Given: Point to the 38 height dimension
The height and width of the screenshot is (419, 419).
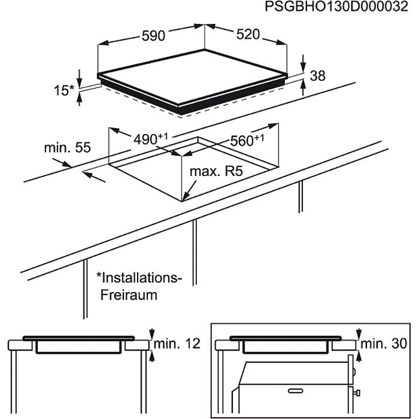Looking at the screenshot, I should [318, 75].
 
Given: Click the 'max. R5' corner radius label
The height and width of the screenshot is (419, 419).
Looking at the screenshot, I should [215, 172].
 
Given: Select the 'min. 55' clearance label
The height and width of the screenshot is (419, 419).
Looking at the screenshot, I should [66, 147].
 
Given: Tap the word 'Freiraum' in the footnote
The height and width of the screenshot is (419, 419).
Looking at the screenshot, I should [129, 296].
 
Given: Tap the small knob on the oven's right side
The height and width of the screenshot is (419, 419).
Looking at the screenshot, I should [357, 393].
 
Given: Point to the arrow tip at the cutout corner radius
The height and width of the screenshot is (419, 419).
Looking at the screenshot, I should [185, 197].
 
